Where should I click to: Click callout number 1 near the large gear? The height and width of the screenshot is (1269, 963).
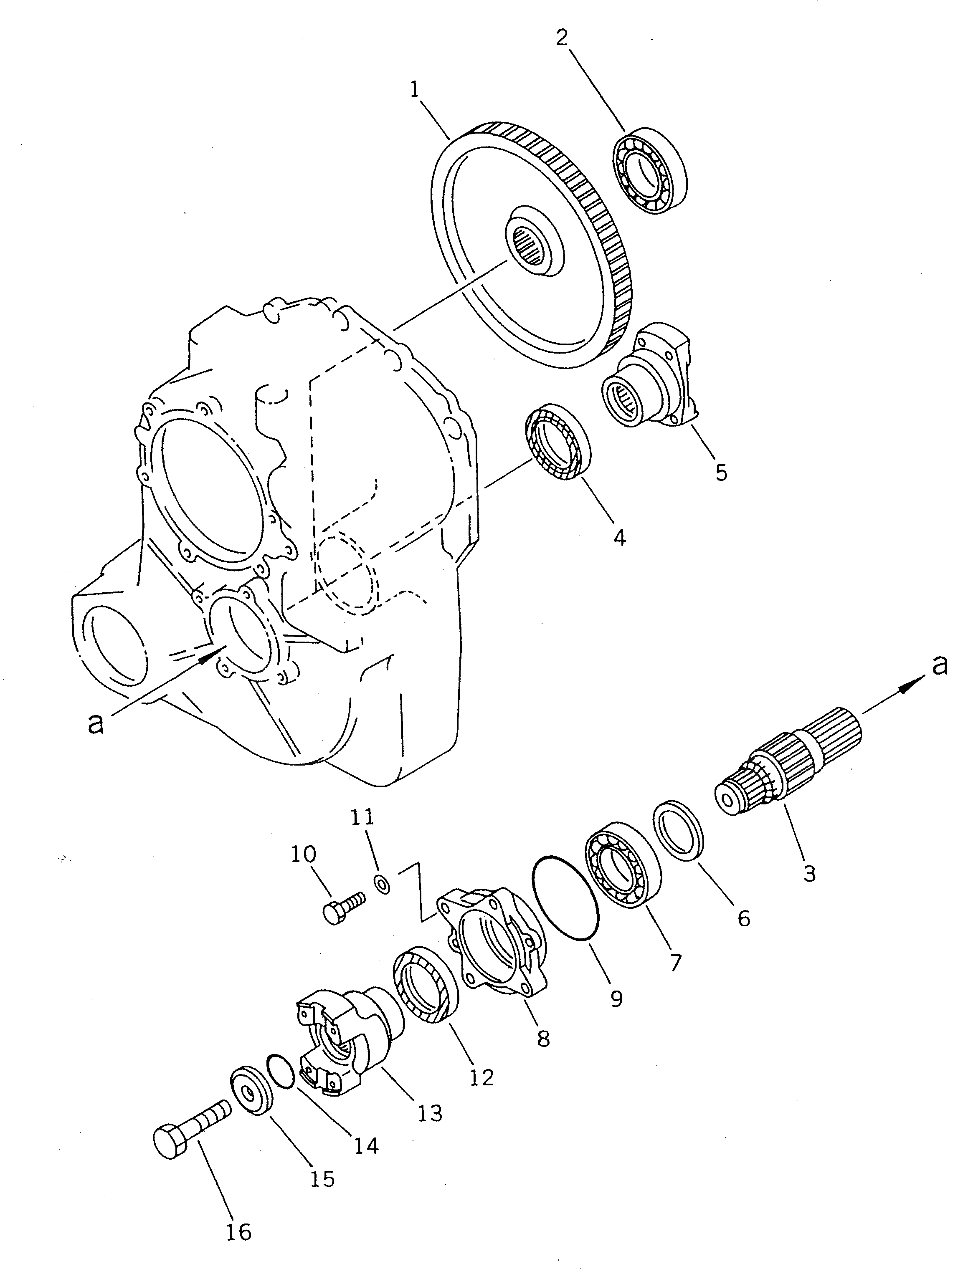tap(414, 91)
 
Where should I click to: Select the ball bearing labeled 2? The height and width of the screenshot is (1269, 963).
tap(651, 171)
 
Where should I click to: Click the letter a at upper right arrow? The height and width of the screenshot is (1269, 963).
tap(938, 665)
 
